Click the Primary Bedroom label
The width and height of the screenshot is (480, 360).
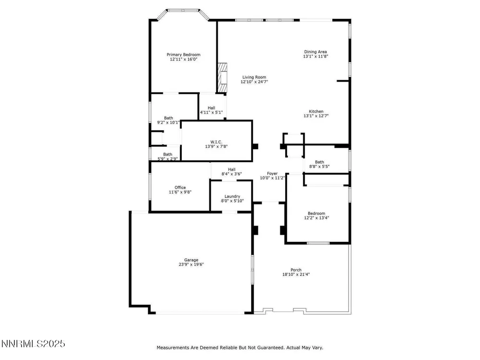(183, 55)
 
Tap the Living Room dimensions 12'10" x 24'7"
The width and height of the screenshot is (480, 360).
(254, 82)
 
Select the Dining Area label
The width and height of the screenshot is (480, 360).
(315, 52)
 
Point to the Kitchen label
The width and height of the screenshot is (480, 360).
(316, 111)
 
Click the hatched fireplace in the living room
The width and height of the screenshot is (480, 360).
(222, 77)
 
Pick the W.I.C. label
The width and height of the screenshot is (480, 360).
(216, 142)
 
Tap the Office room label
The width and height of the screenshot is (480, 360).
(180, 187)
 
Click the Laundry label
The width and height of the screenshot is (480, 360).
(232, 196)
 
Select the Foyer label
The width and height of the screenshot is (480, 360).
(272, 173)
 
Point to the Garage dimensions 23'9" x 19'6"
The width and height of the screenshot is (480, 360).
(191, 264)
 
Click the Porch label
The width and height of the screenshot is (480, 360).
(296, 270)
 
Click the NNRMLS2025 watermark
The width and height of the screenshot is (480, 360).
(33, 344)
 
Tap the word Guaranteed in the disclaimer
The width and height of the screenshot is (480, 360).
(269, 348)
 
